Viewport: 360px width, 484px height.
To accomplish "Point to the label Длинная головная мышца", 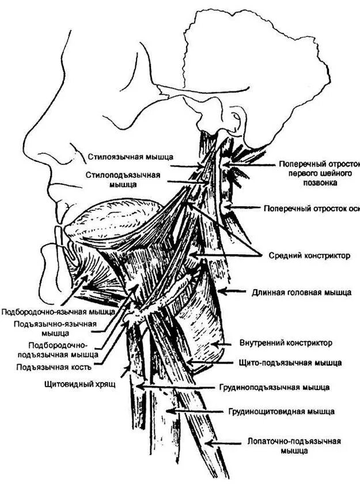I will click(301, 292).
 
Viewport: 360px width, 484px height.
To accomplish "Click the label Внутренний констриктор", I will click(286, 343).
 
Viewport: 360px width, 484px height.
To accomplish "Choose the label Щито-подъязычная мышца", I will click(290, 363).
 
